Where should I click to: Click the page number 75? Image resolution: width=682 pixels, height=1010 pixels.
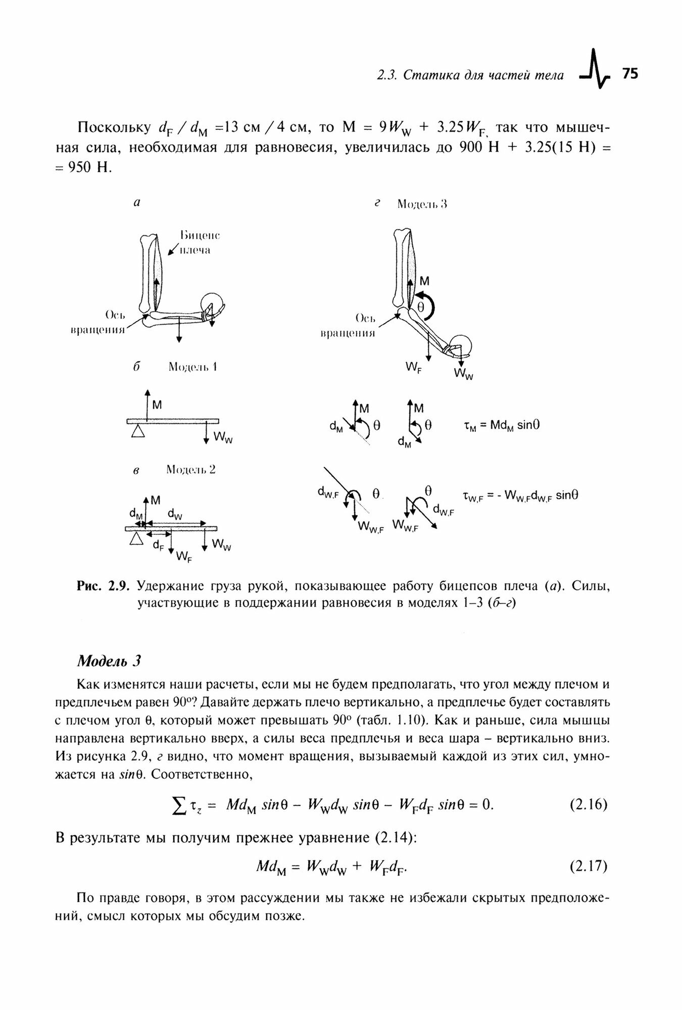tap(630, 74)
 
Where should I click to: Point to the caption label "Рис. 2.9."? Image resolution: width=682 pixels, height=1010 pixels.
tap(104, 586)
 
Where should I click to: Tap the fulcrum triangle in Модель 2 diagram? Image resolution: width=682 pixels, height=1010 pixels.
tap(135, 539)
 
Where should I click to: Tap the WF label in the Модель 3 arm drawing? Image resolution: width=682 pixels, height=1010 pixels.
tap(414, 367)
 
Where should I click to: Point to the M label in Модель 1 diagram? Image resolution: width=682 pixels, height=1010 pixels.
tap(157, 405)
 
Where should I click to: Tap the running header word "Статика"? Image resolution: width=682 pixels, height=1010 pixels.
tap(439, 76)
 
